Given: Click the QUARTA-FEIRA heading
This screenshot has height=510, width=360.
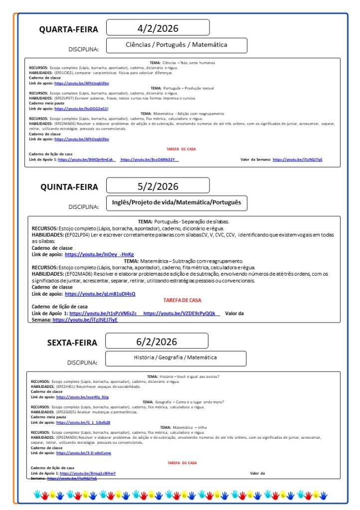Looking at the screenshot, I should pos(69,29).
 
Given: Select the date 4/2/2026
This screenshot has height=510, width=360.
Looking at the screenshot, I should pos(158,28).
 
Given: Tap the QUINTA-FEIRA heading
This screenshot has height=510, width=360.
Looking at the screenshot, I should pos(69,187).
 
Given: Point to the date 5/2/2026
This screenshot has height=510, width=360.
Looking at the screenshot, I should pos(158,186).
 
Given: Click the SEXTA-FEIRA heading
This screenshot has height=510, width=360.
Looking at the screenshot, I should pos(72,342).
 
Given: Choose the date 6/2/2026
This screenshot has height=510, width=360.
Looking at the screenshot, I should pos(157,341).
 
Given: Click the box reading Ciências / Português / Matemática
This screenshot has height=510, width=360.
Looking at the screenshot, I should pos(177,45).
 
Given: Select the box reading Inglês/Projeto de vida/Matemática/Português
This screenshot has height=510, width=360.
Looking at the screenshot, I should pos(177,202).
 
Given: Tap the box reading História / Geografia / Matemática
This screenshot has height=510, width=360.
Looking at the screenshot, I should pos(175,357).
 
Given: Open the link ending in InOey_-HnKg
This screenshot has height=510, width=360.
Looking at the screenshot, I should pos(99,254).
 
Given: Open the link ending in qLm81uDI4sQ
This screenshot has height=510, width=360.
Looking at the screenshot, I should pos(100,294).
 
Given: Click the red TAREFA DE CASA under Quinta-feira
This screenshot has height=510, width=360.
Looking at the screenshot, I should pos(182,300).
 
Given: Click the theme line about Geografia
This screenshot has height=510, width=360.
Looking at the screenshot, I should pos(183,402).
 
